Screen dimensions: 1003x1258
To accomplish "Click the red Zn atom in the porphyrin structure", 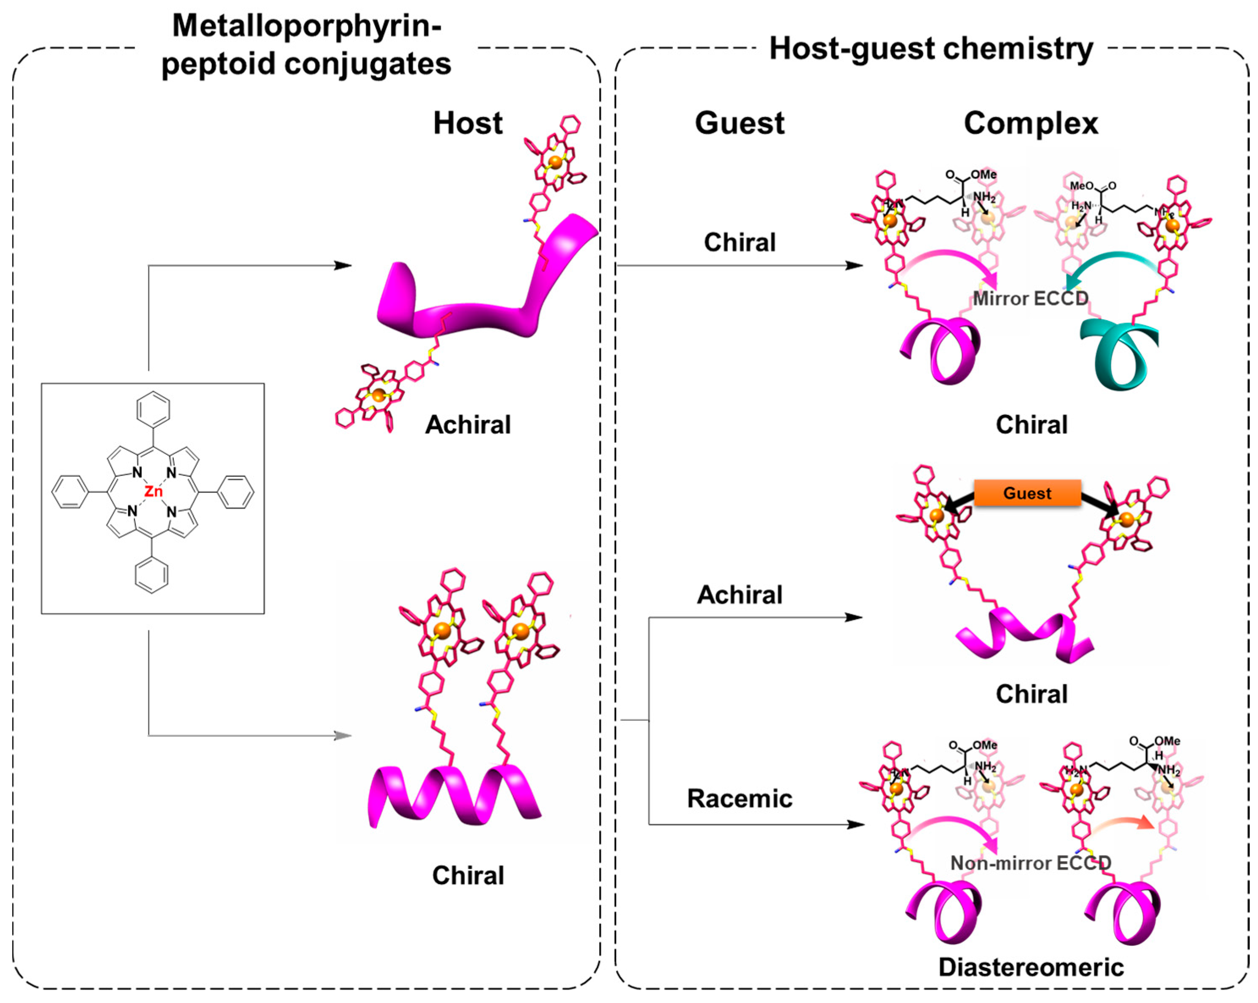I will (x=153, y=492).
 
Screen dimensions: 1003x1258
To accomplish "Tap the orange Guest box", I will (x=1027, y=493).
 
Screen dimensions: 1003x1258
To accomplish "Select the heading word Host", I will (x=467, y=124).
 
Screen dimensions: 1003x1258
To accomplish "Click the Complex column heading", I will (x=1031, y=124).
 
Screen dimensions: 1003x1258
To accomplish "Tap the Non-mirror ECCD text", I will (x=1031, y=863).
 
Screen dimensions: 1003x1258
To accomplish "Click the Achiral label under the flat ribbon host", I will (x=467, y=424).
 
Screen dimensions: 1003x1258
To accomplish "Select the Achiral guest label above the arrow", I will (x=739, y=595).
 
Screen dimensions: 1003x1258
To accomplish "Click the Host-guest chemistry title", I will (x=931, y=49).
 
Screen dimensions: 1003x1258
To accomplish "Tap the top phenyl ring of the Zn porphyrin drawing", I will (x=153, y=409).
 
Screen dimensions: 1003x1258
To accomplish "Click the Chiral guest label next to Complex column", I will (x=739, y=242).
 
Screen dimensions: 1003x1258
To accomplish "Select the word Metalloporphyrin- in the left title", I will (x=306, y=26).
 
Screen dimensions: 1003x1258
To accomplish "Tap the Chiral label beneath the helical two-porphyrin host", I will (x=467, y=875).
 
